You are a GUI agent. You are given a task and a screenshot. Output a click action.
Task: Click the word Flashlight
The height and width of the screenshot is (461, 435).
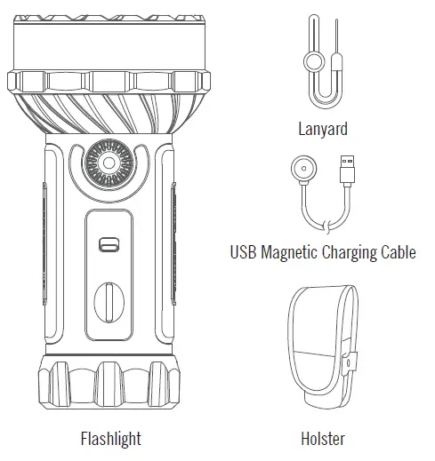110,439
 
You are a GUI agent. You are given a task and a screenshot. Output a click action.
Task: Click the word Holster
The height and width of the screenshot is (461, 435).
322,439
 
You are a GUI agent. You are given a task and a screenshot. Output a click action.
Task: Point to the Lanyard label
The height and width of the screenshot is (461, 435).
322,129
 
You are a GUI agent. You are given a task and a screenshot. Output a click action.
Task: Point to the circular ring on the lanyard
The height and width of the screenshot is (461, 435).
313,60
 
